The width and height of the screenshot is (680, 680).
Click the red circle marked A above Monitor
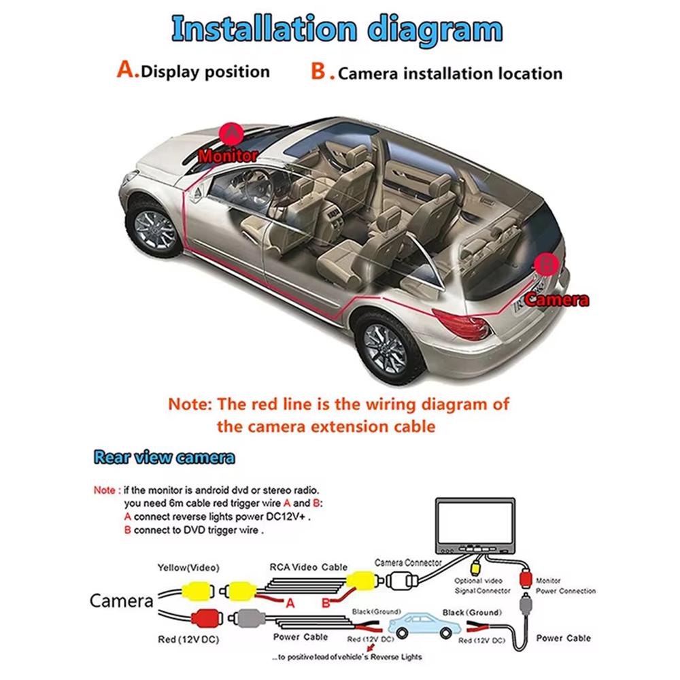pos(232,132)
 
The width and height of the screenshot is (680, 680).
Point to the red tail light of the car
pos(462,324)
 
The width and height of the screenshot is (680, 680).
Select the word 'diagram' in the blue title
pos(431,30)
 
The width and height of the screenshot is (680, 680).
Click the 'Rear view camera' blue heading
pos(165,457)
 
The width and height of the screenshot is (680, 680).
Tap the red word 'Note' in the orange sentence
pos(190,405)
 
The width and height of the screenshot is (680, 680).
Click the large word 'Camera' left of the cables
pos(122,600)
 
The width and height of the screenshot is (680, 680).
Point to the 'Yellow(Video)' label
pos(189,566)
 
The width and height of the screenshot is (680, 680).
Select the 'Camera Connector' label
pos(408,563)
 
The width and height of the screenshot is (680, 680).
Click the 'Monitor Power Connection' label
pos(566,585)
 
